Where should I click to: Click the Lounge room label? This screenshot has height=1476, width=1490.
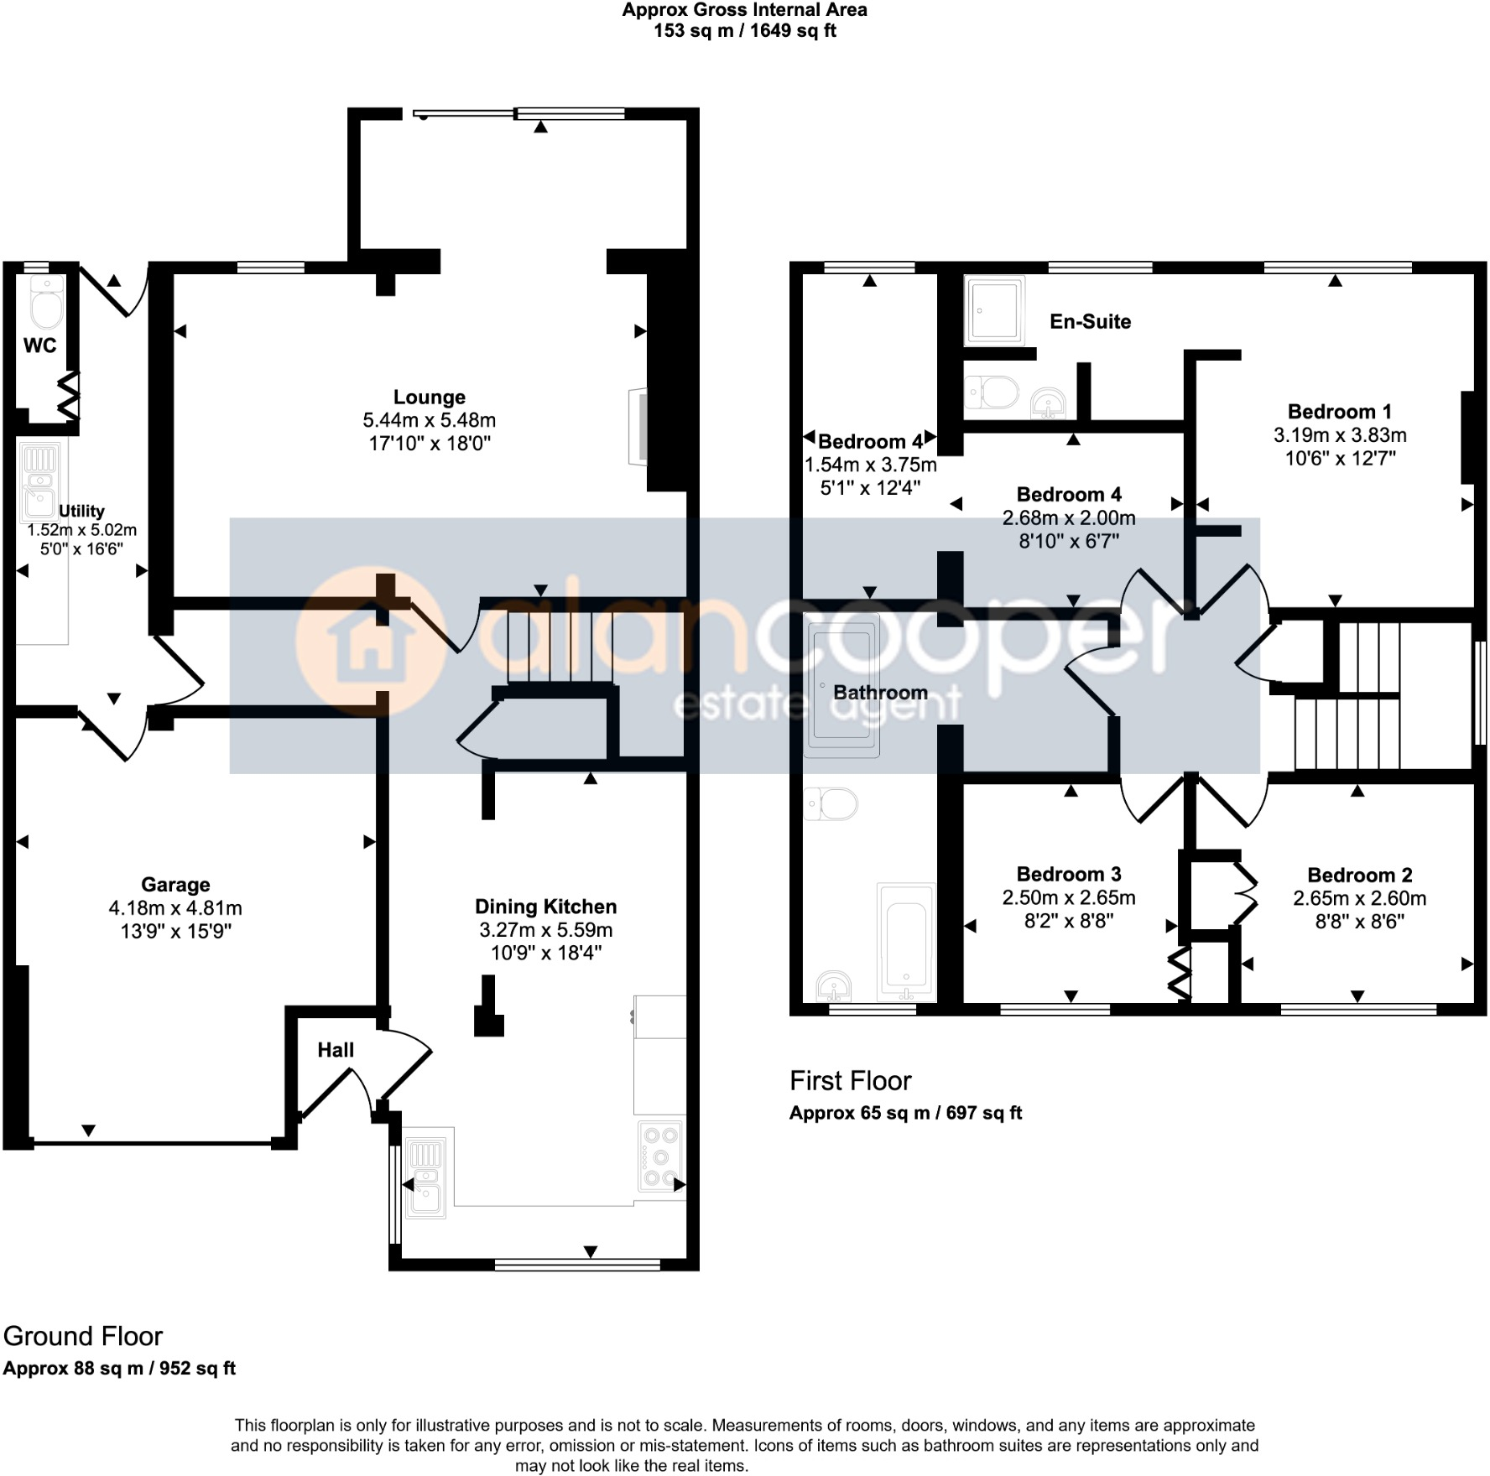click(429, 398)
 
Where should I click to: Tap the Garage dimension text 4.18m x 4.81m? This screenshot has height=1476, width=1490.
click(175, 908)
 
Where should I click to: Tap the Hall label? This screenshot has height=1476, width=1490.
click(336, 1050)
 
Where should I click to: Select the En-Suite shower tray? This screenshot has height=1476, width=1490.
click(994, 310)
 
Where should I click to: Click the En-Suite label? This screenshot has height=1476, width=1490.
click(1090, 322)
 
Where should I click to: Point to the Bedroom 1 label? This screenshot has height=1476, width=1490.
click(1339, 412)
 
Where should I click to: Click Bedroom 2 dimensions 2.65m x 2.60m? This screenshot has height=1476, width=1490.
click(1359, 899)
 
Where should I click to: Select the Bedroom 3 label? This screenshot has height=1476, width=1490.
click(1069, 875)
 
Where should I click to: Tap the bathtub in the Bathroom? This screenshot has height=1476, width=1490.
click(906, 943)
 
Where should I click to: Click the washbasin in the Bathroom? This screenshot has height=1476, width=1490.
click(833, 986)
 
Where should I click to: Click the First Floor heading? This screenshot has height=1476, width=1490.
click(850, 1081)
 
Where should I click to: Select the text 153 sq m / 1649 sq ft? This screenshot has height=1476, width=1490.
click(745, 32)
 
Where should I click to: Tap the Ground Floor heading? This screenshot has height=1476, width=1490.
click(83, 1336)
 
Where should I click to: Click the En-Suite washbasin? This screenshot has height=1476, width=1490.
click(1048, 403)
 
